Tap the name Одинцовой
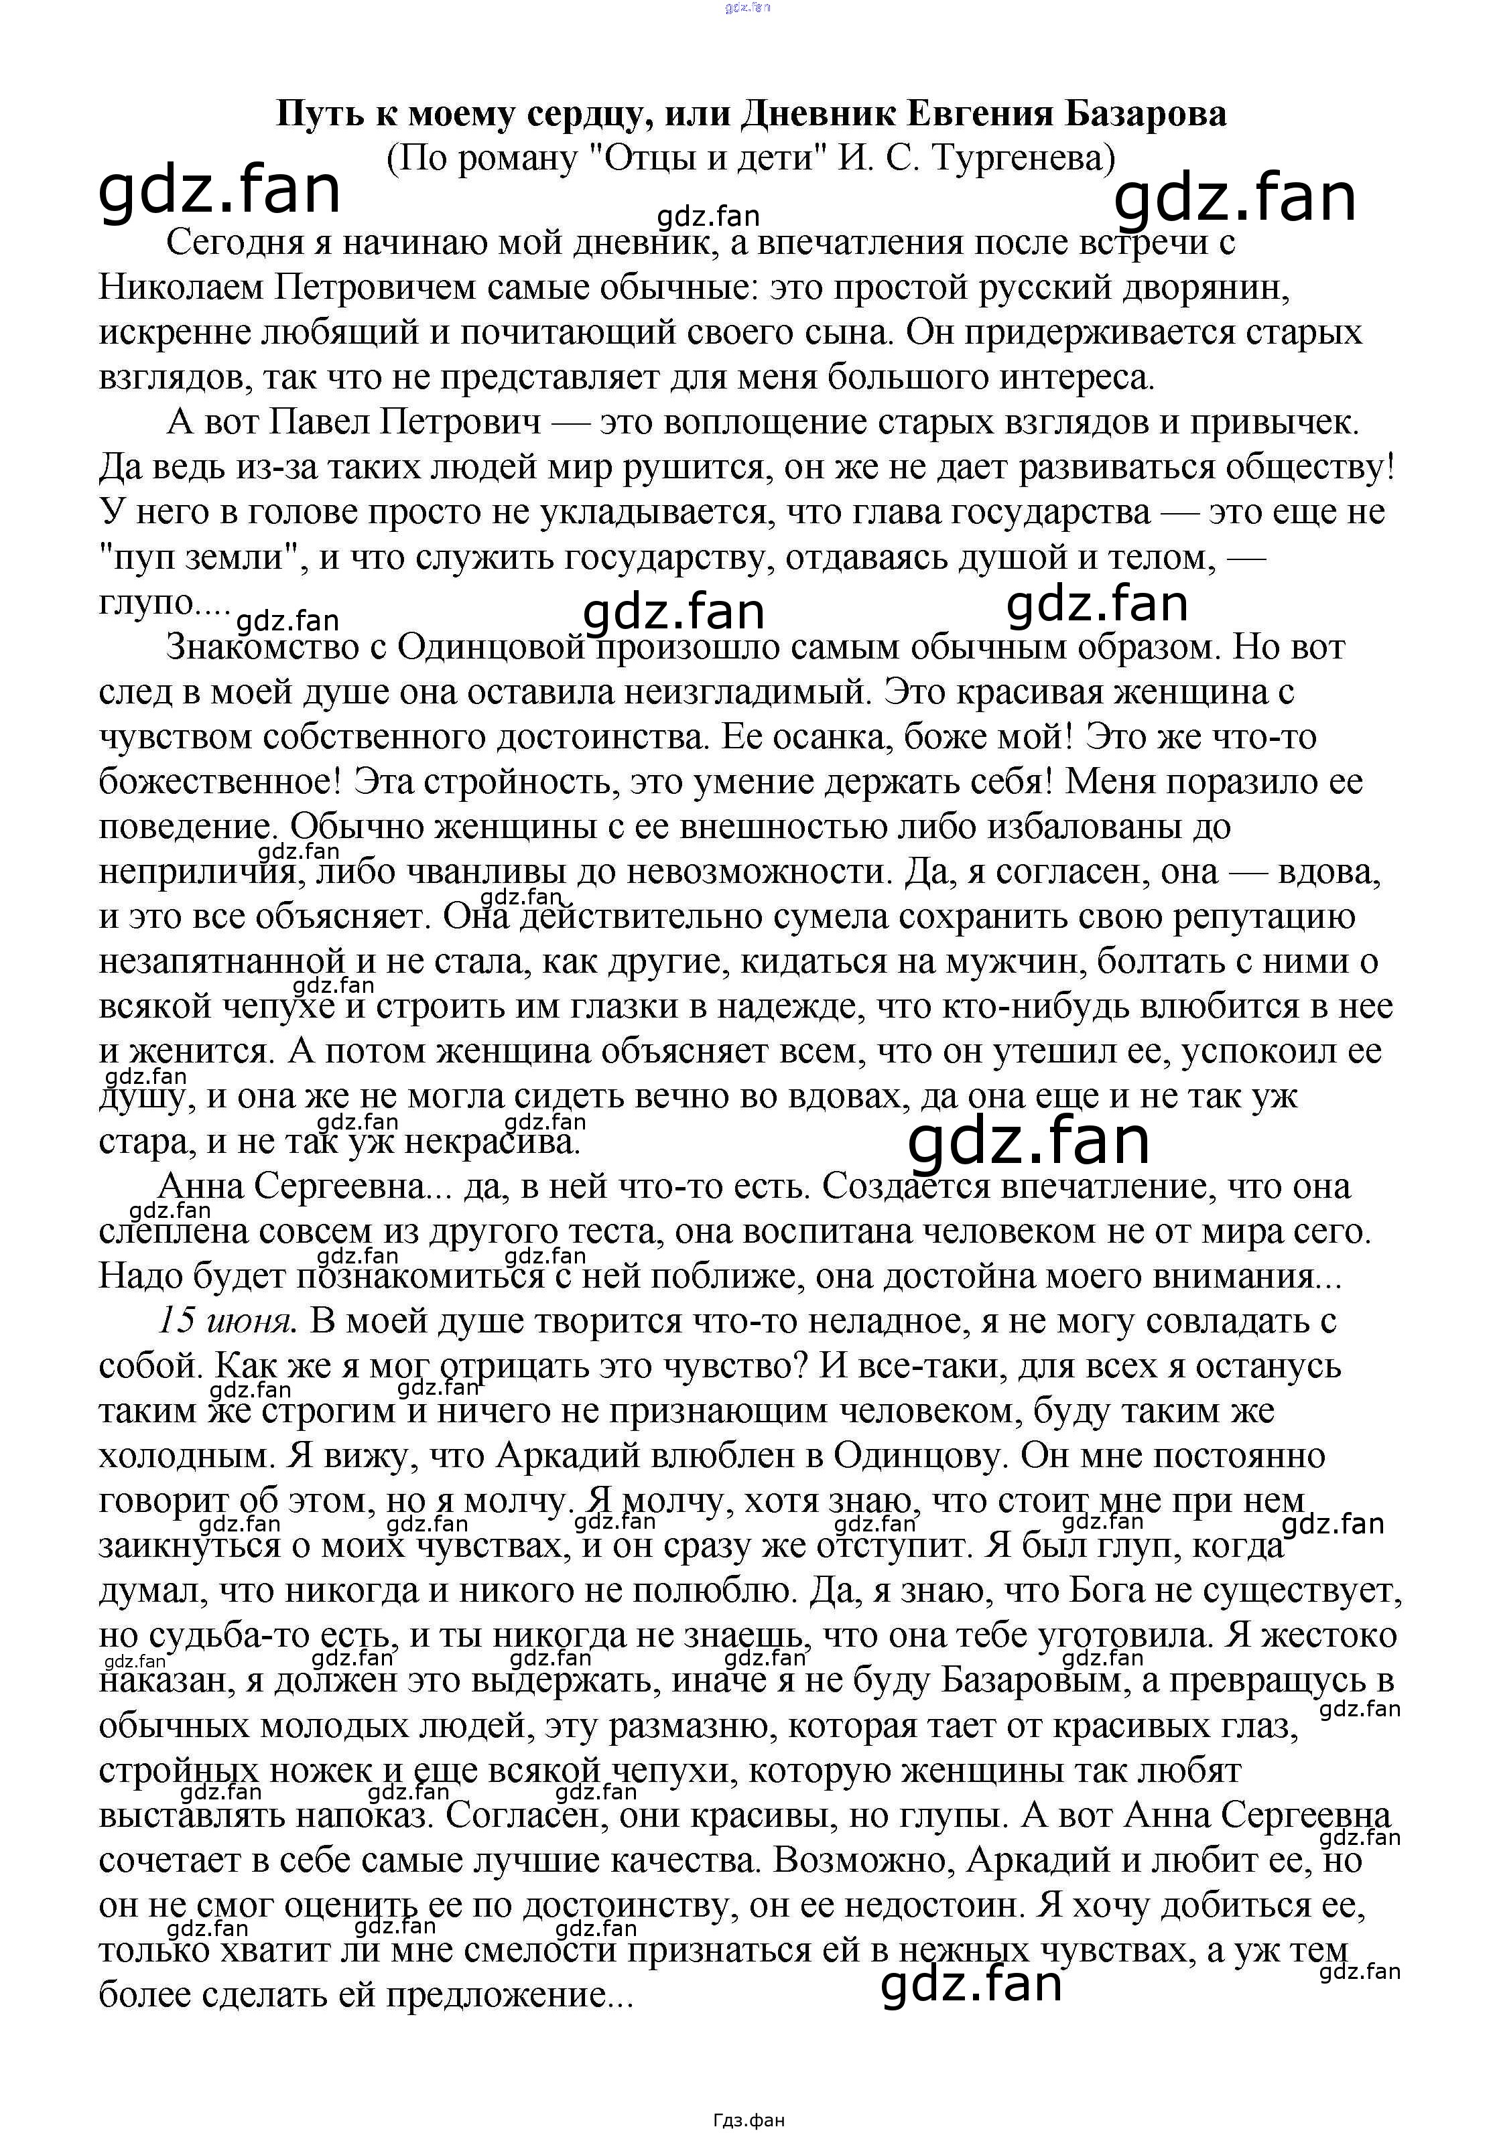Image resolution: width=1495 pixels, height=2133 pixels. (x=493, y=648)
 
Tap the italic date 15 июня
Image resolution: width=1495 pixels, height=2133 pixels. (x=226, y=1320)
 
